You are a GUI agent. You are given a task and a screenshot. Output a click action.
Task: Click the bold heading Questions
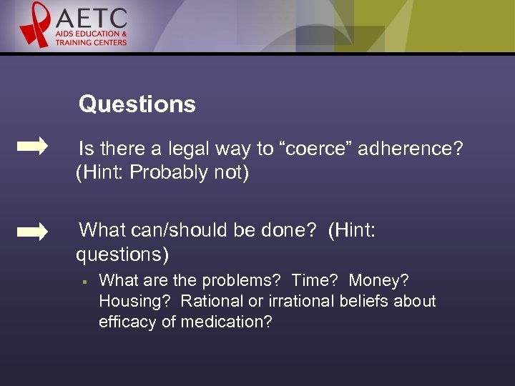(137, 104)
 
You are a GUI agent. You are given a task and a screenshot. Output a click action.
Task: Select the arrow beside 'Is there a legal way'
(32, 147)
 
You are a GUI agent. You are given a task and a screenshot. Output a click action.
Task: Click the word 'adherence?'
(410, 149)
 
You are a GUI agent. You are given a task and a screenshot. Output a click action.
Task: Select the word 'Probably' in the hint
(168, 173)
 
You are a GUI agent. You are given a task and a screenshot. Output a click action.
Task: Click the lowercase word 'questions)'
(122, 254)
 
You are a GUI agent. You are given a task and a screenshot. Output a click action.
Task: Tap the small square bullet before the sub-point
(84, 281)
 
